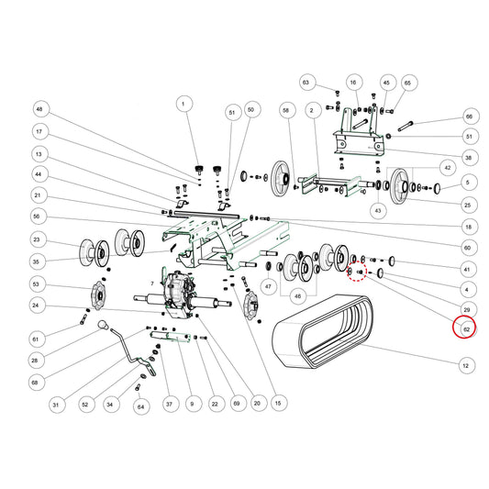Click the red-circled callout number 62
pyautogui.click(x=464, y=328)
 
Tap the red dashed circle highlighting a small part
pyautogui.click(x=357, y=272)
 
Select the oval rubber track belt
pyautogui.click(x=323, y=332)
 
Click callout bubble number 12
pyautogui.click(x=467, y=365)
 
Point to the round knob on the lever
pyautogui.click(x=104, y=325)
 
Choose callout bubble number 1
pyautogui.click(x=184, y=104)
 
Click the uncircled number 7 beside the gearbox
pyautogui.click(x=152, y=283)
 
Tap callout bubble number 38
pyautogui.click(x=469, y=158)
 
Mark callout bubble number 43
pyautogui.click(x=378, y=210)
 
